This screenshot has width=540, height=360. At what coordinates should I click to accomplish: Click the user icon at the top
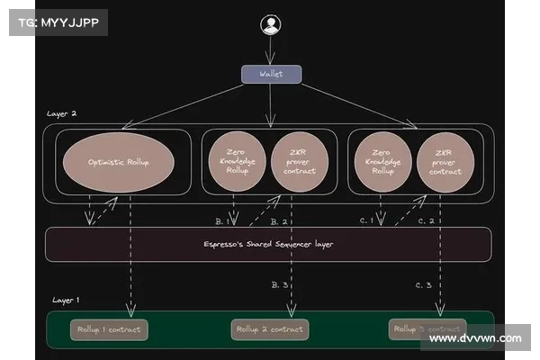pos(270,25)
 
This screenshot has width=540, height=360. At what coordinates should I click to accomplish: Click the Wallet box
pos(270,74)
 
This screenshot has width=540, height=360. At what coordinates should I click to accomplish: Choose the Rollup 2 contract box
pos(269,329)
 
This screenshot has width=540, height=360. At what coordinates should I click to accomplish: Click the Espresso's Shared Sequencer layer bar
pos(268,244)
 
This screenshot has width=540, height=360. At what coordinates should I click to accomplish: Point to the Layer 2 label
pos(61,114)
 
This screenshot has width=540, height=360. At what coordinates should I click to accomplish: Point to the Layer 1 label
pos(66,300)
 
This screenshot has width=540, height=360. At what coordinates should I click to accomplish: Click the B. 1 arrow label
pos(222,220)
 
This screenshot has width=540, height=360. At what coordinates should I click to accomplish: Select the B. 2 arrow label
pos(278,220)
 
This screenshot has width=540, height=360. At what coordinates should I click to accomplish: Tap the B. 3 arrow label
pos(279,284)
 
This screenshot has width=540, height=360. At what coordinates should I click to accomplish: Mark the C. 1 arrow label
pos(366,220)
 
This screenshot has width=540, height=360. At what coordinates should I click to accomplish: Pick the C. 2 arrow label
pos(425,220)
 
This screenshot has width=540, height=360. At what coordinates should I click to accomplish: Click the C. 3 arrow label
pos(425,284)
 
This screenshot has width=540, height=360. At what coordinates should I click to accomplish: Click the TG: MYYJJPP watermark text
pos(57,22)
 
